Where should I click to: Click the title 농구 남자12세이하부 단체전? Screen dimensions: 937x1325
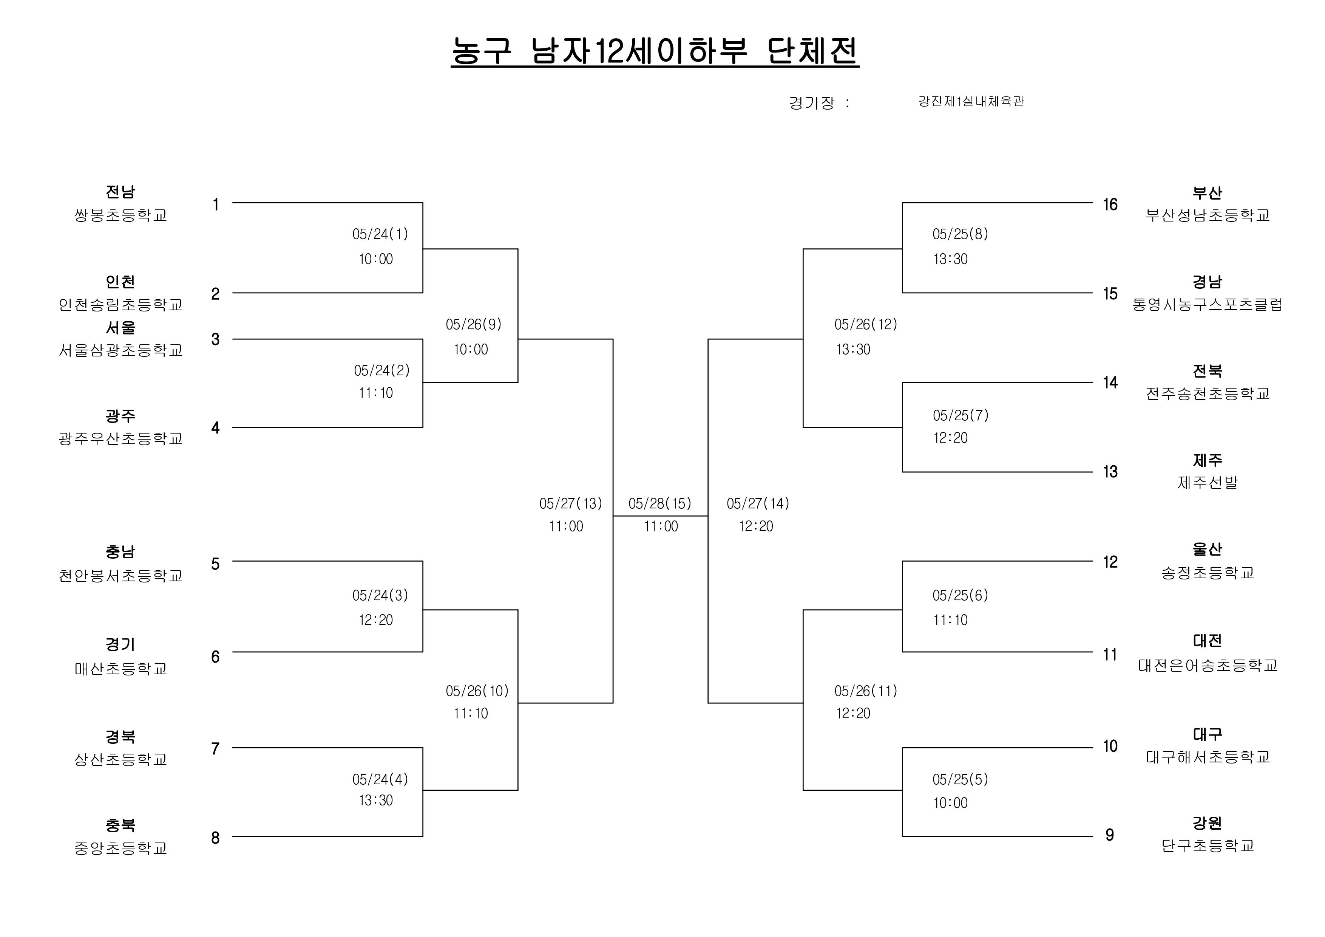pyautogui.click(x=655, y=52)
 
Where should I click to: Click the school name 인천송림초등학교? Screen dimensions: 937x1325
pyautogui.click(x=120, y=304)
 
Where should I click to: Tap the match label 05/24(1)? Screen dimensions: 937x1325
pyautogui.click(x=380, y=234)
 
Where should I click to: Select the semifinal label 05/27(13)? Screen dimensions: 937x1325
pyautogui.click(x=570, y=503)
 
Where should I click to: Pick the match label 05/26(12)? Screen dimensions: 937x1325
pyautogui.click(x=866, y=324)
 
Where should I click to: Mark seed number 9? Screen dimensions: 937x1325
pyautogui.click(x=1109, y=835)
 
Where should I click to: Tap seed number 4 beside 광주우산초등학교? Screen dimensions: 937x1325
pyautogui.click(x=215, y=428)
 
